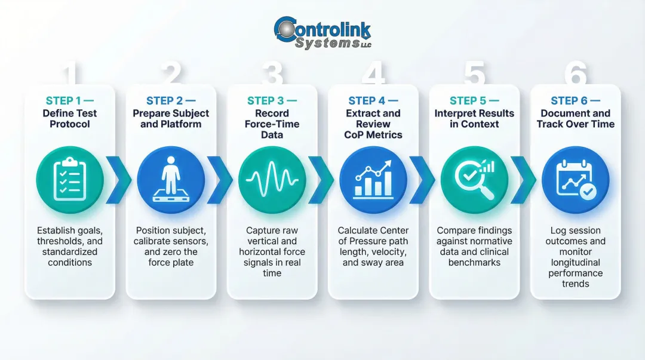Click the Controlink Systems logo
pos(322,33)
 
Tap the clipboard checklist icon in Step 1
pos(70,180)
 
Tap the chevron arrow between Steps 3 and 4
pos(321,180)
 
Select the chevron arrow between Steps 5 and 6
pos(523,180)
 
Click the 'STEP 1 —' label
pos(70,101)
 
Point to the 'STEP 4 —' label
pos(373,101)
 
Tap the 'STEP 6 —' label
pos(575,101)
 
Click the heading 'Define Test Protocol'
pos(70,119)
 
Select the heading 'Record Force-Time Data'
pos(272,124)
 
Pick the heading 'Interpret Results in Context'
pos(474,119)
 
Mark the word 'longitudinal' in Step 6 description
pos(575,263)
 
